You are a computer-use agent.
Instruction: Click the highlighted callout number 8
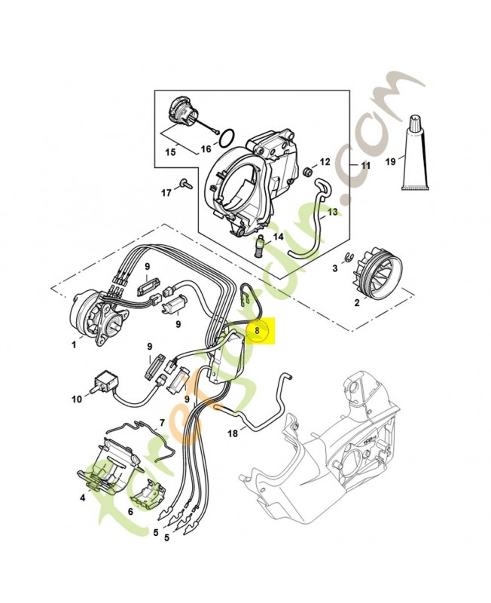coord(257,330)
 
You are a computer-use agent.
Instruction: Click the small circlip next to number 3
coord(349,259)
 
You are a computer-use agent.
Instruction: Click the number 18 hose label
coord(232,433)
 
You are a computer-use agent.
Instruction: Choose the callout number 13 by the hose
coord(332,213)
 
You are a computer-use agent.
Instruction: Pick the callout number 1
coord(73,344)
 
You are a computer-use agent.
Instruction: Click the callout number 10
coord(76,399)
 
